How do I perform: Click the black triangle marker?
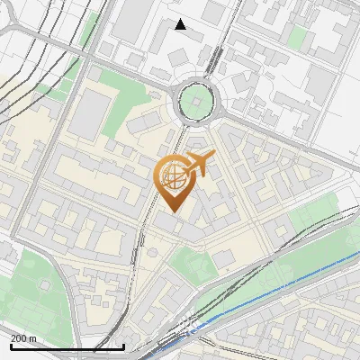[181, 24]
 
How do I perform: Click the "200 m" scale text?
[24, 338]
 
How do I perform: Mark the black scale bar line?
[67, 346]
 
